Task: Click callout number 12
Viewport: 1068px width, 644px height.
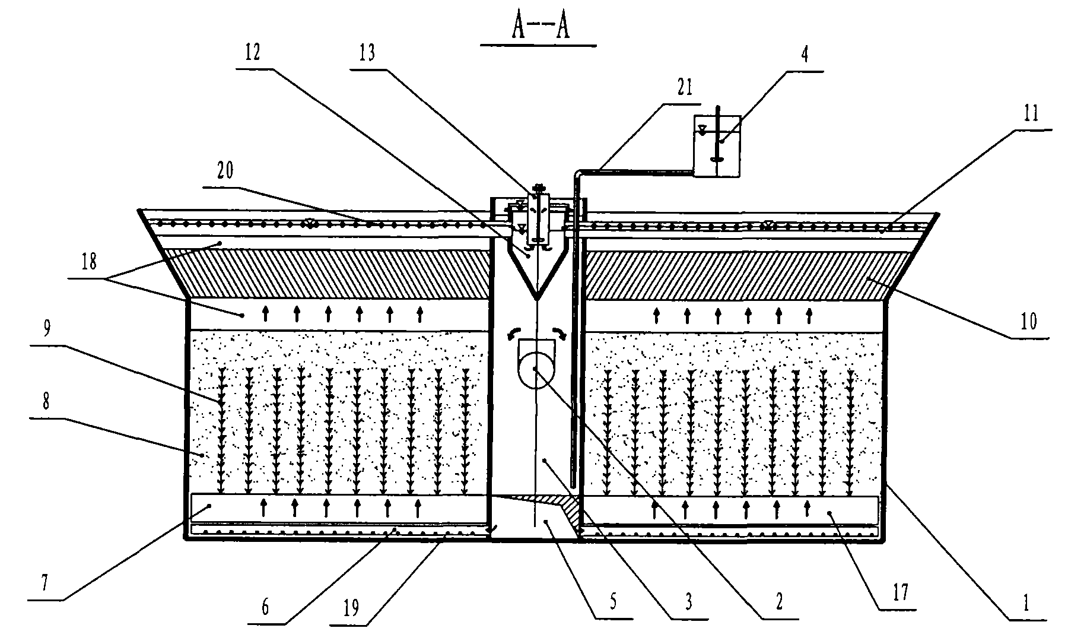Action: pos(252,54)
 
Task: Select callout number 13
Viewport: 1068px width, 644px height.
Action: pos(367,54)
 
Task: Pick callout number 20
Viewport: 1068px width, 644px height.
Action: pos(225,172)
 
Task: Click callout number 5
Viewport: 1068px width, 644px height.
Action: pos(613,602)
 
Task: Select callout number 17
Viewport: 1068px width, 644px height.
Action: pos(900,592)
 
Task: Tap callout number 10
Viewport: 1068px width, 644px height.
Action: pos(1028,321)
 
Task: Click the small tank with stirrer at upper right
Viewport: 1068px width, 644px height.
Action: pos(717,146)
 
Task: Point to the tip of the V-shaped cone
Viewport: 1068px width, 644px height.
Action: pos(536,298)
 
